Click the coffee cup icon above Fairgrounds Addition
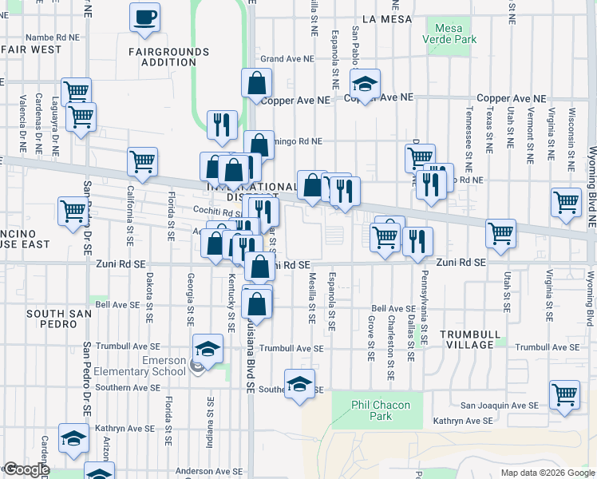145,18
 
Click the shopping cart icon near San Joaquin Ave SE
564,394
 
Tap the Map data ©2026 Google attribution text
547,472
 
